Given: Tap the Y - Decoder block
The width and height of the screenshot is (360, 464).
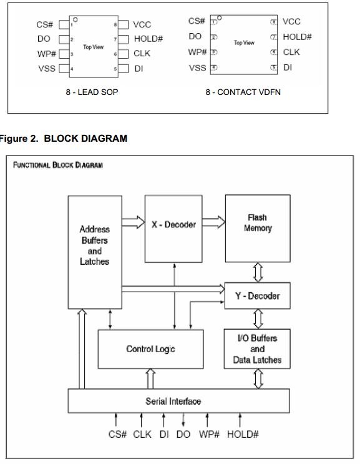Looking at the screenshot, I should (x=258, y=297).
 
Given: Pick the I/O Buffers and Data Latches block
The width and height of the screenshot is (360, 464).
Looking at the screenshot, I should (x=258, y=350).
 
